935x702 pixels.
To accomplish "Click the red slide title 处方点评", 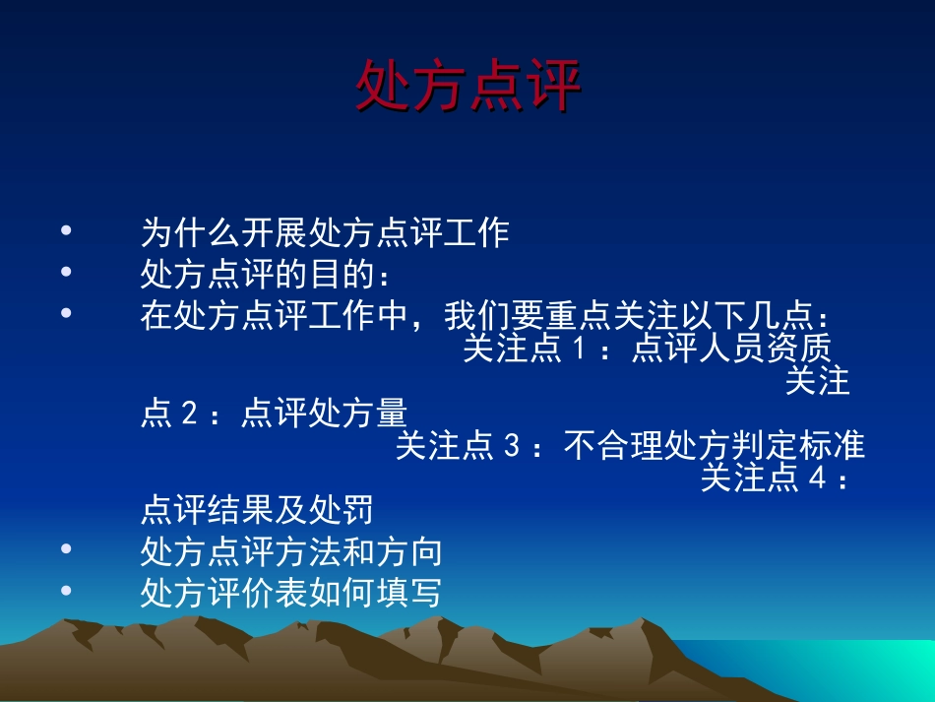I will click(467, 86).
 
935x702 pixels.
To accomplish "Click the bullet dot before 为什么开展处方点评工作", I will click(67, 231).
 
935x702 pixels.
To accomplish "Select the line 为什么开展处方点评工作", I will click(325, 233).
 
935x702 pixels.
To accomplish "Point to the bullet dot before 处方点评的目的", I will click(67, 272).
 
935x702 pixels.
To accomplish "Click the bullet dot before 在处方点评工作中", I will click(67, 313).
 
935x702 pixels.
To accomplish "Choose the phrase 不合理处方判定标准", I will click(715, 447).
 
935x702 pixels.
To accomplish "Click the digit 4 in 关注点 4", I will click(814, 479).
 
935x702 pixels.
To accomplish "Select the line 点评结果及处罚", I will click(257, 511).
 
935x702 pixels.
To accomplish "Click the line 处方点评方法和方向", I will click(291, 551).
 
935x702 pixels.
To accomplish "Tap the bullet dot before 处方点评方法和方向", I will click(67, 549).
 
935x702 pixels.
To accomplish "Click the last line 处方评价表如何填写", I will click(291, 594).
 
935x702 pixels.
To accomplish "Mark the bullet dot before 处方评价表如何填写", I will click(67, 591).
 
